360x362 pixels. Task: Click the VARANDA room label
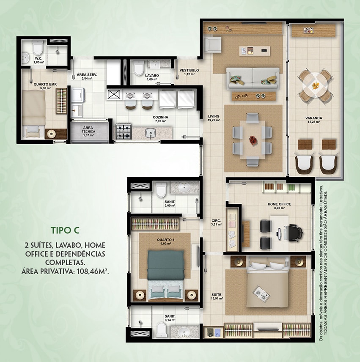pyautogui.click(x=313, y=118)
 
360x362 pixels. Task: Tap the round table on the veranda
pyautogui.click(x=315, y=85)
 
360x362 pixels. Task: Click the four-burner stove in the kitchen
pyautogui.click(x=124, y=132)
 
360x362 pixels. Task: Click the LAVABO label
pyautogui.click(x=152, y=76)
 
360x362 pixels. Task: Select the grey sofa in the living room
pyautogui.click(x=253, y=79)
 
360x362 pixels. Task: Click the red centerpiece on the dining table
pyautogui.click(x=253, y=140)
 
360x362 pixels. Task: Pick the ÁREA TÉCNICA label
pyautogui.click(x=88, y=129)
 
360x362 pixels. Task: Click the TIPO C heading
pyautogui.click(x=65, y=230)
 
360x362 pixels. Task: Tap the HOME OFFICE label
pyautogui.click(x=279, y=204)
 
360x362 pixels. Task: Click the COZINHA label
pyautogui.click(x=160, y=117)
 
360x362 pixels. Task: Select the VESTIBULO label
pyautogui.click(x=189, y=70)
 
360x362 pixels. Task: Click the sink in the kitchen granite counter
pyautogui.click(x=150, y=133)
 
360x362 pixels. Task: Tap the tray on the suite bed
pyautogui.click(x=261, y=293)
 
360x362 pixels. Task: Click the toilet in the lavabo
pyautogui.click(x=139, y=68)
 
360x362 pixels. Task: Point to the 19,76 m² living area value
pyautogui.click(x=214, y=120)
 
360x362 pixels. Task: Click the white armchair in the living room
pyautogui.click(x=212, y=44)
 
